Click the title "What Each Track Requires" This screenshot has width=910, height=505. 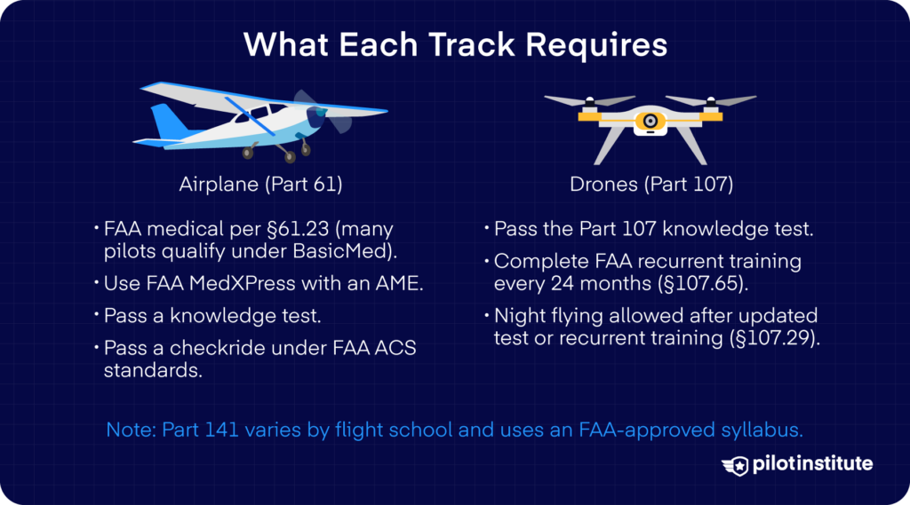pyautogui.click(x=455, y=45)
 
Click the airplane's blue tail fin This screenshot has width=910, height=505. pyautogui.click(x=164, y=120)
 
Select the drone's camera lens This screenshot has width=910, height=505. pyautogui.click(x=651, y=120)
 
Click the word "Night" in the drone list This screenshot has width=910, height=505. pyautogui.click(x=518, y=316)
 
